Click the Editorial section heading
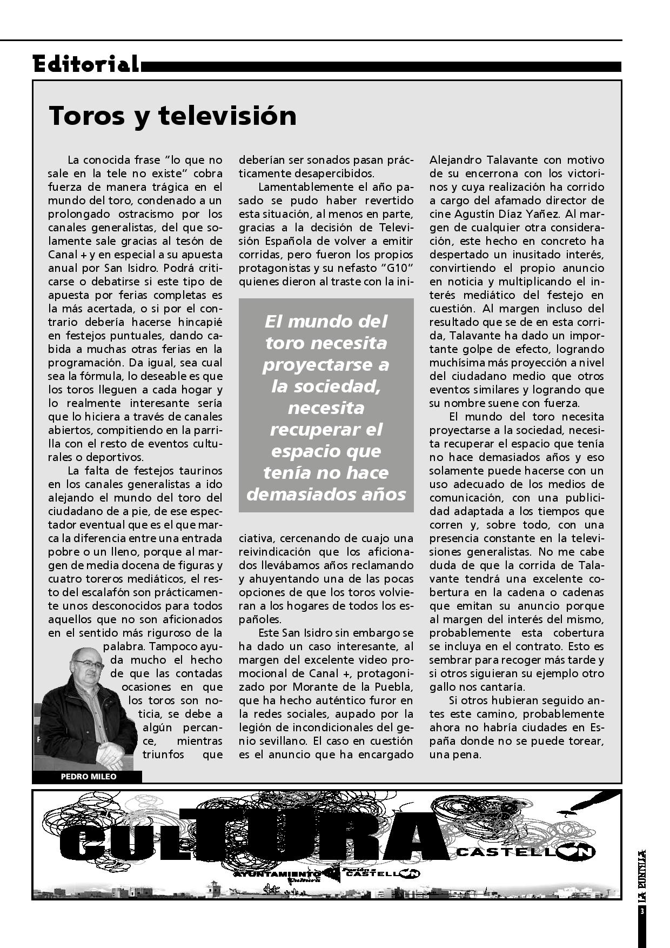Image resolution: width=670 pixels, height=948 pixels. pos(86,64)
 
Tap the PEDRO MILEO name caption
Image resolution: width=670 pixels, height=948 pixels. pos(88,777)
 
